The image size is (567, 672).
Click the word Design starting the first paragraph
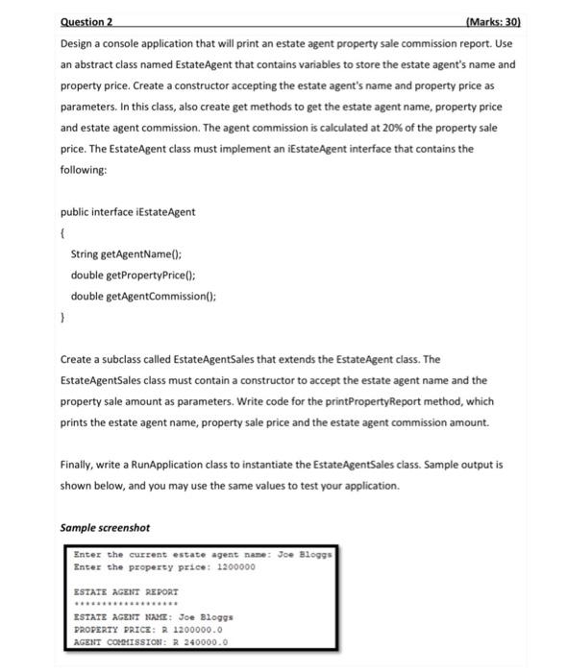(x=78, y=45)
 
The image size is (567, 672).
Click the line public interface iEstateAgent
(x=114, y=211)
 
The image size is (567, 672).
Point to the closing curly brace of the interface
(x=62, y=318)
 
